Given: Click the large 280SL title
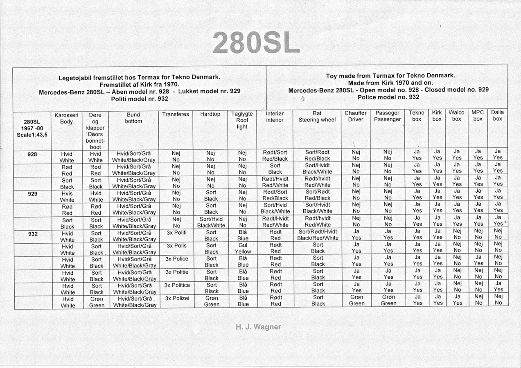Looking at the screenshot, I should coord(256,43).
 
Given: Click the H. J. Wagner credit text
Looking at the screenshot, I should coord(258,327).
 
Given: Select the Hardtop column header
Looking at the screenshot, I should coord(210,114).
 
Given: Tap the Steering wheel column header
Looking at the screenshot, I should coord(317,117).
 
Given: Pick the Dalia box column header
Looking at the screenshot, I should coord(497,115).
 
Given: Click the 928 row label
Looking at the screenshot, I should coord(32,155).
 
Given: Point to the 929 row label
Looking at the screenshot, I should coord(32,194).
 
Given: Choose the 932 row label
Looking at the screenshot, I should coord(32,233).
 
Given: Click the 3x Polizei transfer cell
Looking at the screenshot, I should coord(177,298).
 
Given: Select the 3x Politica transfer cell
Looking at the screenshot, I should coord(177,285).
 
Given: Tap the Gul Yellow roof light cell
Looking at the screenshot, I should coord(243,249).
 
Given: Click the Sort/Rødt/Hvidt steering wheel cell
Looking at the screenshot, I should coord(318,235).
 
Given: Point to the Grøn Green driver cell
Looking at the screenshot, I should coord(356,301).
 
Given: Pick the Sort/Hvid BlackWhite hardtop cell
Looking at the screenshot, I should coord(211,222).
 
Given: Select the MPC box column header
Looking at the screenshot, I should coord(478,115).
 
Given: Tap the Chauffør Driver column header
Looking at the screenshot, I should coord(356,117).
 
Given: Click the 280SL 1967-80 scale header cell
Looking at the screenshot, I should coord(32,128).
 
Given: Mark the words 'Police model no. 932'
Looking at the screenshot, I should coord(388,97).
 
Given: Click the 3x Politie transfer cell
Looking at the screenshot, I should coord(177,272).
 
